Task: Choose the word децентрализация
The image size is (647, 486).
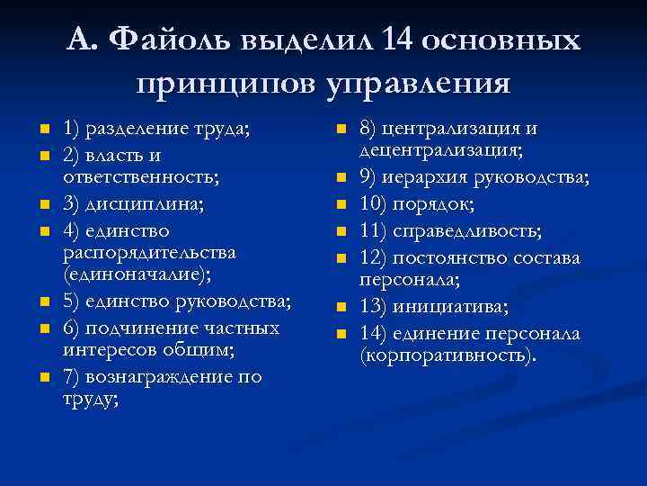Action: point(442,151)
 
